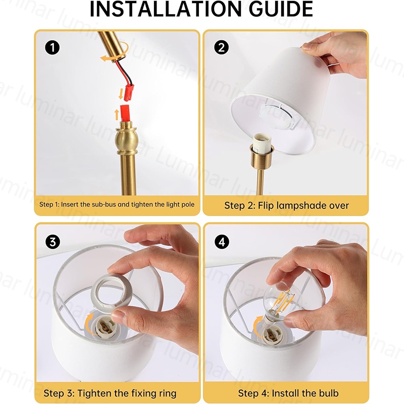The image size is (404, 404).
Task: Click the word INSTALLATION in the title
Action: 166,9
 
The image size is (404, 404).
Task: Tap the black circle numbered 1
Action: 53,48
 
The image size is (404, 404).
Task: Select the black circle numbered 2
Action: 221,47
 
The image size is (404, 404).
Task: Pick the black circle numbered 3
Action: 53,242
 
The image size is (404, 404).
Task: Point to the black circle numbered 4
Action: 222,242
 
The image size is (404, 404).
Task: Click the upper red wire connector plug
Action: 129,92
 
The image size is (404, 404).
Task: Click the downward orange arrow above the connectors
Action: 121,94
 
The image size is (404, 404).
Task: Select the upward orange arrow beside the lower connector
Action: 117,115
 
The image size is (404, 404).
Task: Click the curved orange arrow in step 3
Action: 89,324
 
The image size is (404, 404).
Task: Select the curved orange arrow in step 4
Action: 258,327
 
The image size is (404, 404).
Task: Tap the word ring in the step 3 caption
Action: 167,394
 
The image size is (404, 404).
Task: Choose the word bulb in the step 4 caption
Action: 329,393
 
